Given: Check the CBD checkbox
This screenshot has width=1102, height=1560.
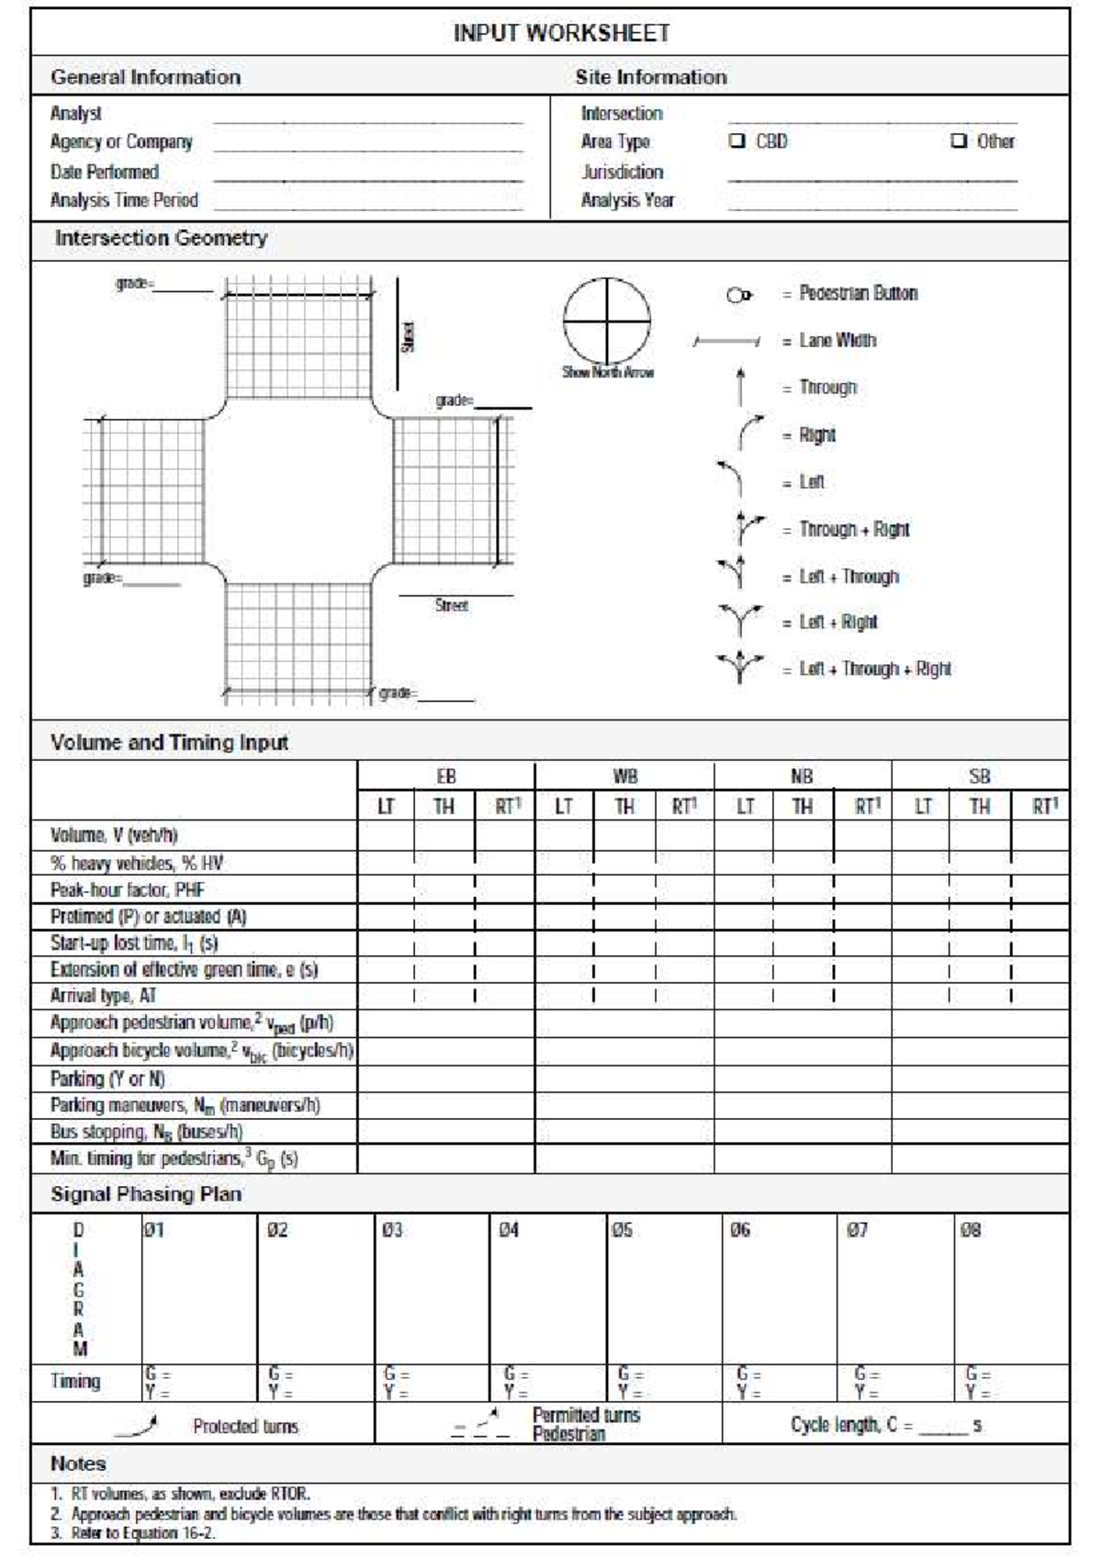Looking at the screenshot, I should [x=737, y=141].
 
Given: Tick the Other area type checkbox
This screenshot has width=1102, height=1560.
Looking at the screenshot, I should [x=959, y=141].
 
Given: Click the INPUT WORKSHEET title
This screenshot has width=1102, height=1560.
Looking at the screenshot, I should [x=561, y=33].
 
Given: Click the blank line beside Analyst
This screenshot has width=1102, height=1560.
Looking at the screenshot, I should [x=367, y=117].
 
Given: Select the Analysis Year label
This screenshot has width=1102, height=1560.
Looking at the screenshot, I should [x=627, y=200].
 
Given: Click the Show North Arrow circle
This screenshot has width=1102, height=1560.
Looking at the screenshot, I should [x=607, y=322].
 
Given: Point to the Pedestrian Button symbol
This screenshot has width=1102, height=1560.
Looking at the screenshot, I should [x=738, y=295].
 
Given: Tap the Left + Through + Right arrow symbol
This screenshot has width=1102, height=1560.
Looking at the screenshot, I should [x=739, y=668].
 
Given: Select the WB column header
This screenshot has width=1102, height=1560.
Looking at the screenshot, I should [x=624, y=777].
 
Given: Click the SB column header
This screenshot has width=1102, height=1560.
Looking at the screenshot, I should [x=979, y=777].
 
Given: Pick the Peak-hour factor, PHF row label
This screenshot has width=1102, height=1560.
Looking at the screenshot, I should [x=128, y=890].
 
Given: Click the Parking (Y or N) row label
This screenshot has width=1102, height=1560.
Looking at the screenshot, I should [x=107, y=1079].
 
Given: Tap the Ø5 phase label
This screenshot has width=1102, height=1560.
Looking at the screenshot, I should [x=622, y=1230].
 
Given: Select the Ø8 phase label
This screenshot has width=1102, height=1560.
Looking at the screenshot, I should [x=970, y=1230].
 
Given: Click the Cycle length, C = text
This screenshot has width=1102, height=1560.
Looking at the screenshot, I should [x=851, y=1425].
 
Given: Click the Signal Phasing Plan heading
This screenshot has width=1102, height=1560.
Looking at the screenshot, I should [x=146, y=1194].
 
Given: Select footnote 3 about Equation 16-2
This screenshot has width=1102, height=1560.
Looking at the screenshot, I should [x=133, y=1532].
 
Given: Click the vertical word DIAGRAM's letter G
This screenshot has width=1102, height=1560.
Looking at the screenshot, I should [x=78, y=1290].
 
